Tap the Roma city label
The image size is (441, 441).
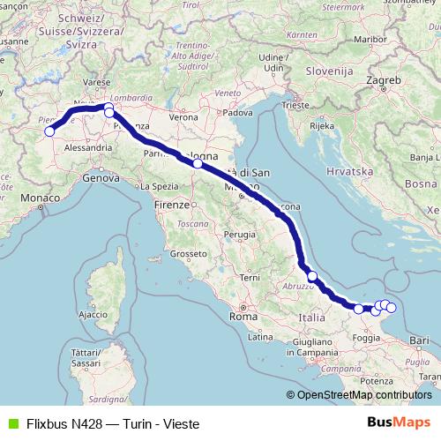242,315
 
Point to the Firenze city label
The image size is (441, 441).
171,205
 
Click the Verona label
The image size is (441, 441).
183,116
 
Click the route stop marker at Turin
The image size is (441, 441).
49,132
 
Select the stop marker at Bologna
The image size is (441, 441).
198,163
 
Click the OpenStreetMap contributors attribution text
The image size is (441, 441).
363,395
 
